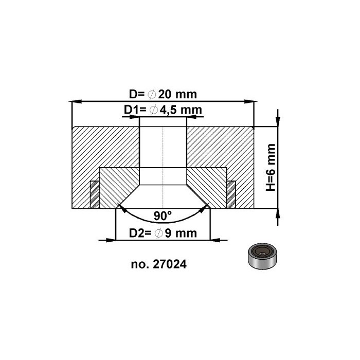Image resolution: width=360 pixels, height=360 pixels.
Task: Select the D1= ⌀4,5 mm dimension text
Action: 163,110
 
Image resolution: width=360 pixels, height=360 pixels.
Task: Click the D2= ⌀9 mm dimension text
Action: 163,233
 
